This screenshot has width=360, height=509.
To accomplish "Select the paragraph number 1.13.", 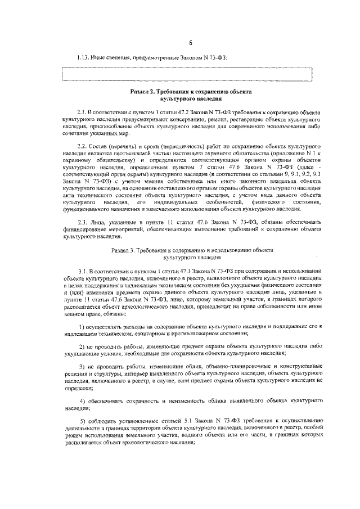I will [84, 57].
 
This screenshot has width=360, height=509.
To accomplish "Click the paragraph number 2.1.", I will [83, 113].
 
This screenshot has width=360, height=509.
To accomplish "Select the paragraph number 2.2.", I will [83, 146].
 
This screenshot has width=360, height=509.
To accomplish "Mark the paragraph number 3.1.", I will [83, 271].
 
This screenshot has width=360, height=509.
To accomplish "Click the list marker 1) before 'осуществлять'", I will [82, 326].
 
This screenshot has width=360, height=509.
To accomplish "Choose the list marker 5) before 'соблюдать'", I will [82, 421].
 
